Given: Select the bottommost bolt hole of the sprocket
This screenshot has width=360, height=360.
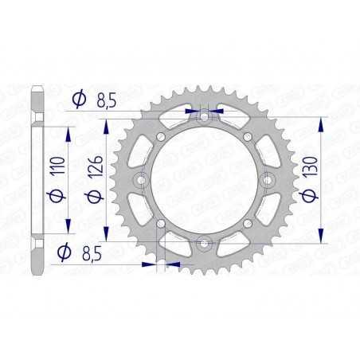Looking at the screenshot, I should pos(205,242).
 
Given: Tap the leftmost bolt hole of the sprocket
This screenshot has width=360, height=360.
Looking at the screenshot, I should pos(142,180).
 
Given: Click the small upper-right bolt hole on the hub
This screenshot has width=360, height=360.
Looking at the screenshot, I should pos(248,138).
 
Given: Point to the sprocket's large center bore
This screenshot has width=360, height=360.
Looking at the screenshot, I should pos(205,180).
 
